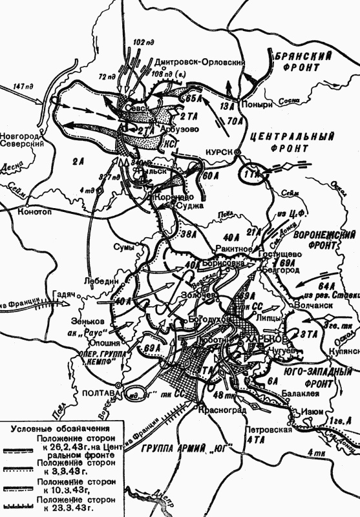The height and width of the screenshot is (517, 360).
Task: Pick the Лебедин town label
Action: click(x=100, y=281)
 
